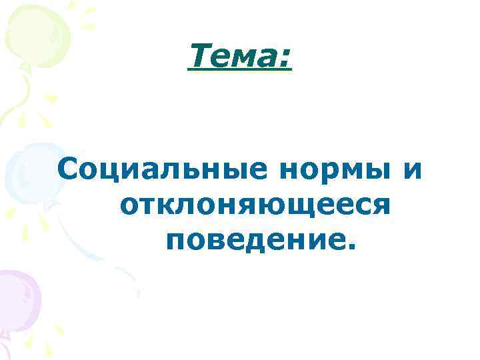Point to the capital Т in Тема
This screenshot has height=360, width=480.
coord(198,55)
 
